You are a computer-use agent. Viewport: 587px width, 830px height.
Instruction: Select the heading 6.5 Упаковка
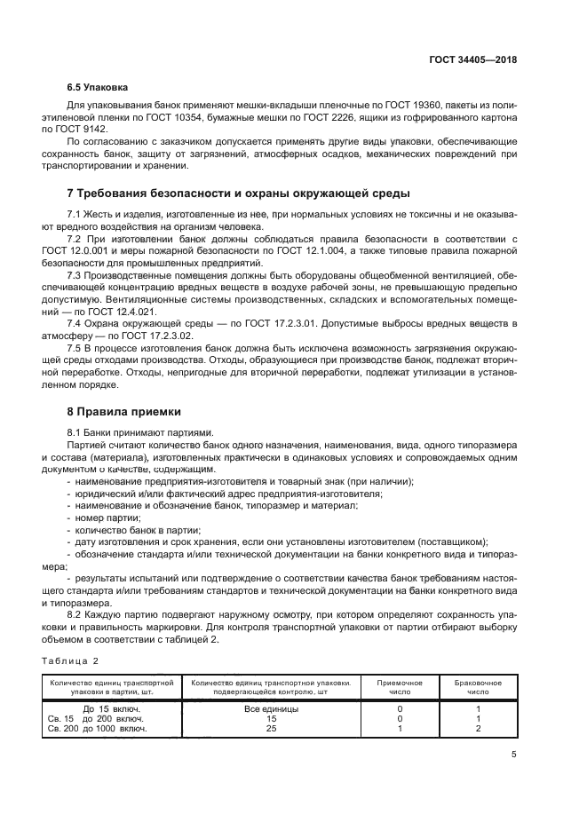pos(98,87)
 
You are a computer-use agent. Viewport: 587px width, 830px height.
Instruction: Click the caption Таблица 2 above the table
pos(70,660)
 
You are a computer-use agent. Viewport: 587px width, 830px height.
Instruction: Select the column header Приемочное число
pos(400,687)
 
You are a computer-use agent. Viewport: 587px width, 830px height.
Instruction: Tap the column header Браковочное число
pos(479,687)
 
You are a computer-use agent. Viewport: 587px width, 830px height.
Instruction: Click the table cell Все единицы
pos(270,709)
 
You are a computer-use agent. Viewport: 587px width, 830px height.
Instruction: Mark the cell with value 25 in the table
pos(270,729)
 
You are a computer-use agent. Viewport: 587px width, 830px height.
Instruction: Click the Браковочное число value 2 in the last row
pos(479,729)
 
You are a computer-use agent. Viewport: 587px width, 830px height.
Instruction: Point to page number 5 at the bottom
pos(514,755)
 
